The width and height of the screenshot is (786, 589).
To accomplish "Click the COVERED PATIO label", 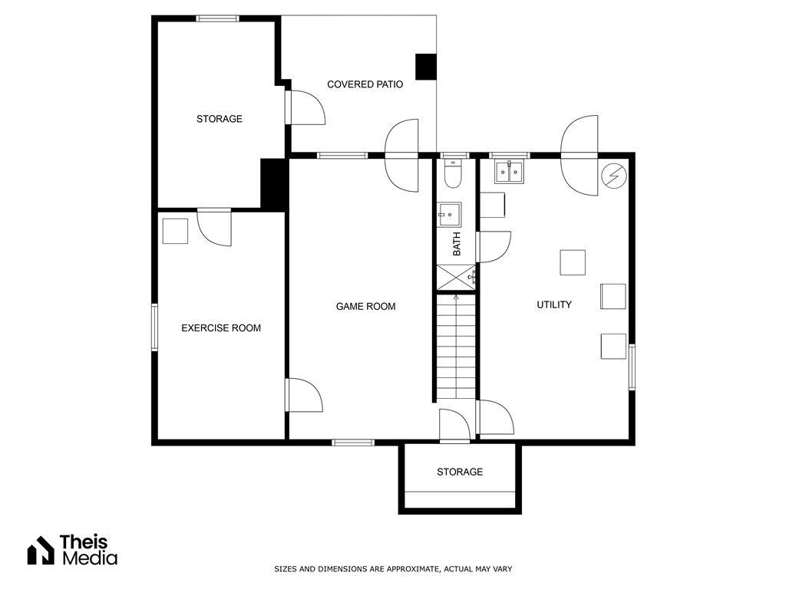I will click(365, 84).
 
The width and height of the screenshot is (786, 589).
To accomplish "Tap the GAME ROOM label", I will click(365, 307).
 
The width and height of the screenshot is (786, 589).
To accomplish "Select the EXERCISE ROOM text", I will click(220, 328).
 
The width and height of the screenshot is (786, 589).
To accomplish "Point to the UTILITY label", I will click(553, 305).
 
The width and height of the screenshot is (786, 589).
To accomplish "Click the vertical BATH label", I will click(457, 245).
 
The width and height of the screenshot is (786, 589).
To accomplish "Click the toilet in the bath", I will click(453, 175).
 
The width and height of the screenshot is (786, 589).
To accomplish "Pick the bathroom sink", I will click(449, 215).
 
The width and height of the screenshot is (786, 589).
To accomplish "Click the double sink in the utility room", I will click(509, 172).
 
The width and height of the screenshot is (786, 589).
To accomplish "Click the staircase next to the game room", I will click(457, 349).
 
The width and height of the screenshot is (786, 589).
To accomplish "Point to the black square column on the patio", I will click(425, 67).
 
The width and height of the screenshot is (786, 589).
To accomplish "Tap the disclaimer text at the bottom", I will click(393, 569).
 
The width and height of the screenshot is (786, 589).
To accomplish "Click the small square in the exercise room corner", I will click(175, 231).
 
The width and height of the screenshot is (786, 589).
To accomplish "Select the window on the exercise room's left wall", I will click(154, 327).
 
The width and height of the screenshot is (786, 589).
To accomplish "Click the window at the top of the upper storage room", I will click(218, 18).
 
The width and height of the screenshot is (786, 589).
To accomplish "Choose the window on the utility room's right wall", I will click(632, 367).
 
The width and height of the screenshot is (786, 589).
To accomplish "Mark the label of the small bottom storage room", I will click(460, 472).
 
